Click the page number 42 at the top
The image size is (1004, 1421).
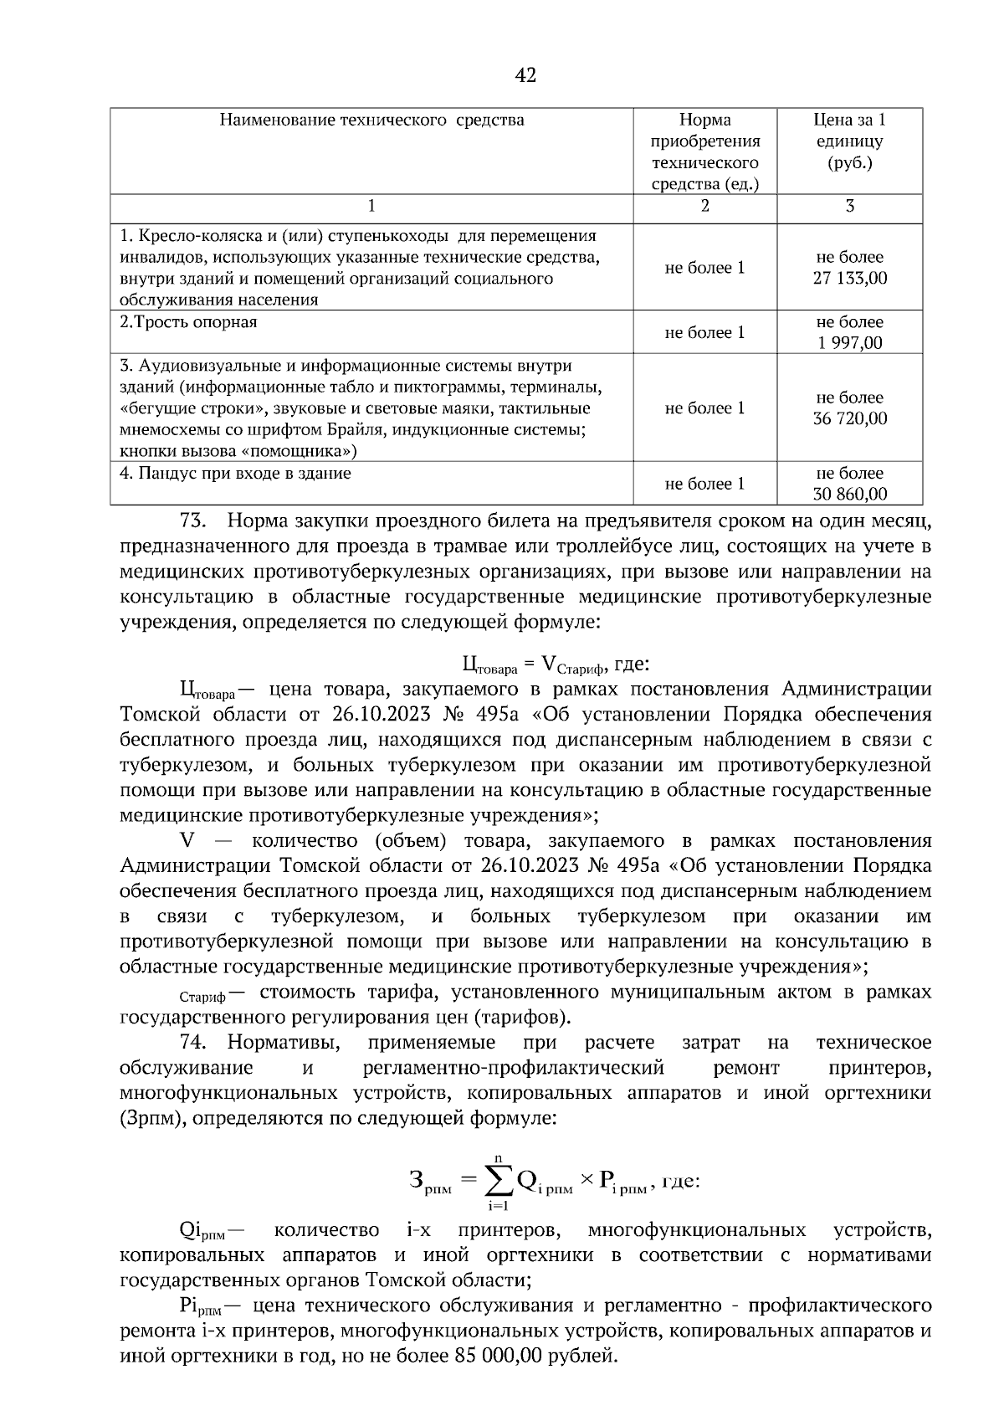point(525,75)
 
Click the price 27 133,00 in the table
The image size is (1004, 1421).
point(850,279)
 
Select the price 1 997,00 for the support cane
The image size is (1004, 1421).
point(850,342)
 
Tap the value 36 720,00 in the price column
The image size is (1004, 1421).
point(850,418)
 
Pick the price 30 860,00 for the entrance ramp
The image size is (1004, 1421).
point(850,495)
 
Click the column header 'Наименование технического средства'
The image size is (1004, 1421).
point(371,120)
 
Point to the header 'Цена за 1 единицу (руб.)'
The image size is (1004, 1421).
point(850,141)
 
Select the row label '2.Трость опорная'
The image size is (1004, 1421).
point(189,322)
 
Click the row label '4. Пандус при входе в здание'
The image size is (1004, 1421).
point(235,474)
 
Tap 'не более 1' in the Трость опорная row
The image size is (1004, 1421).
point(704,332)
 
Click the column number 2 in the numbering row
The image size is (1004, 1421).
point(704,206)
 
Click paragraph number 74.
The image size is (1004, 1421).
point(193,1043)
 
